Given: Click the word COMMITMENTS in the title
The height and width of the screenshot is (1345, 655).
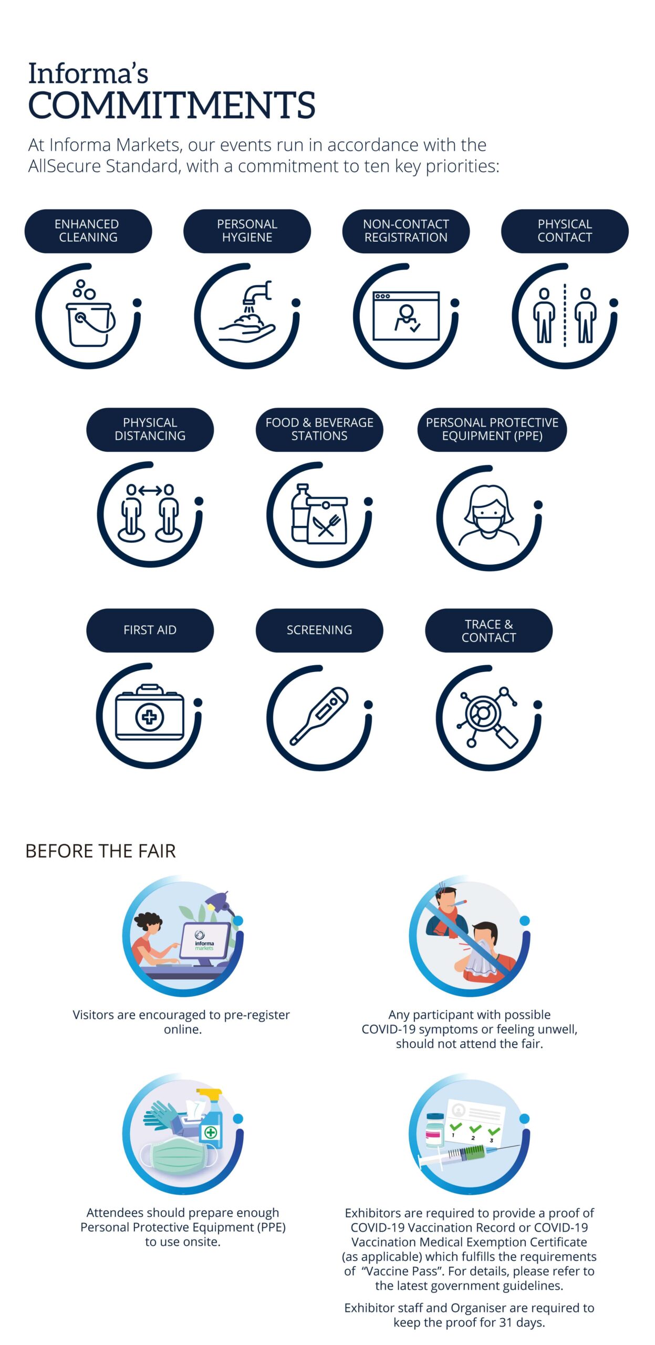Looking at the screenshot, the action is (x=172, y=105).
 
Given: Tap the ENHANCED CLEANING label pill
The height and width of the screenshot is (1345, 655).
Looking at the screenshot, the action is (x=88, y=231).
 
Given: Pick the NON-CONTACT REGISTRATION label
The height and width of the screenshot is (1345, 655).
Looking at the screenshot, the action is (x=406, y=231).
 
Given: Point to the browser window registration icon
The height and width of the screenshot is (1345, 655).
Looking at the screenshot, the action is (x=406, y=316).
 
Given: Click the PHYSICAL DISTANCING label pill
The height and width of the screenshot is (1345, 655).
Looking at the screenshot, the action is (x=150, y=429).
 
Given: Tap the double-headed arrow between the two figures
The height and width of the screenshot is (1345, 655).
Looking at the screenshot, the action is (x=150, y=491).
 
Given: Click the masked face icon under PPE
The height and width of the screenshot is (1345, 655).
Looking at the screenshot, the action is (x=489, y=516).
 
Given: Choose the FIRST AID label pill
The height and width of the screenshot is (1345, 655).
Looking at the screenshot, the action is (x=150, y=630).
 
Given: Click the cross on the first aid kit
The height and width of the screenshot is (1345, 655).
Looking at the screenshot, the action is (x=150, y=717).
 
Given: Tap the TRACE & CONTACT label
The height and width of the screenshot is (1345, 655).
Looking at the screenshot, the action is (x=489, y=630).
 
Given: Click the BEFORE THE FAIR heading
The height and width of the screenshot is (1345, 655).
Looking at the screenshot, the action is (x=101, y=851).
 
